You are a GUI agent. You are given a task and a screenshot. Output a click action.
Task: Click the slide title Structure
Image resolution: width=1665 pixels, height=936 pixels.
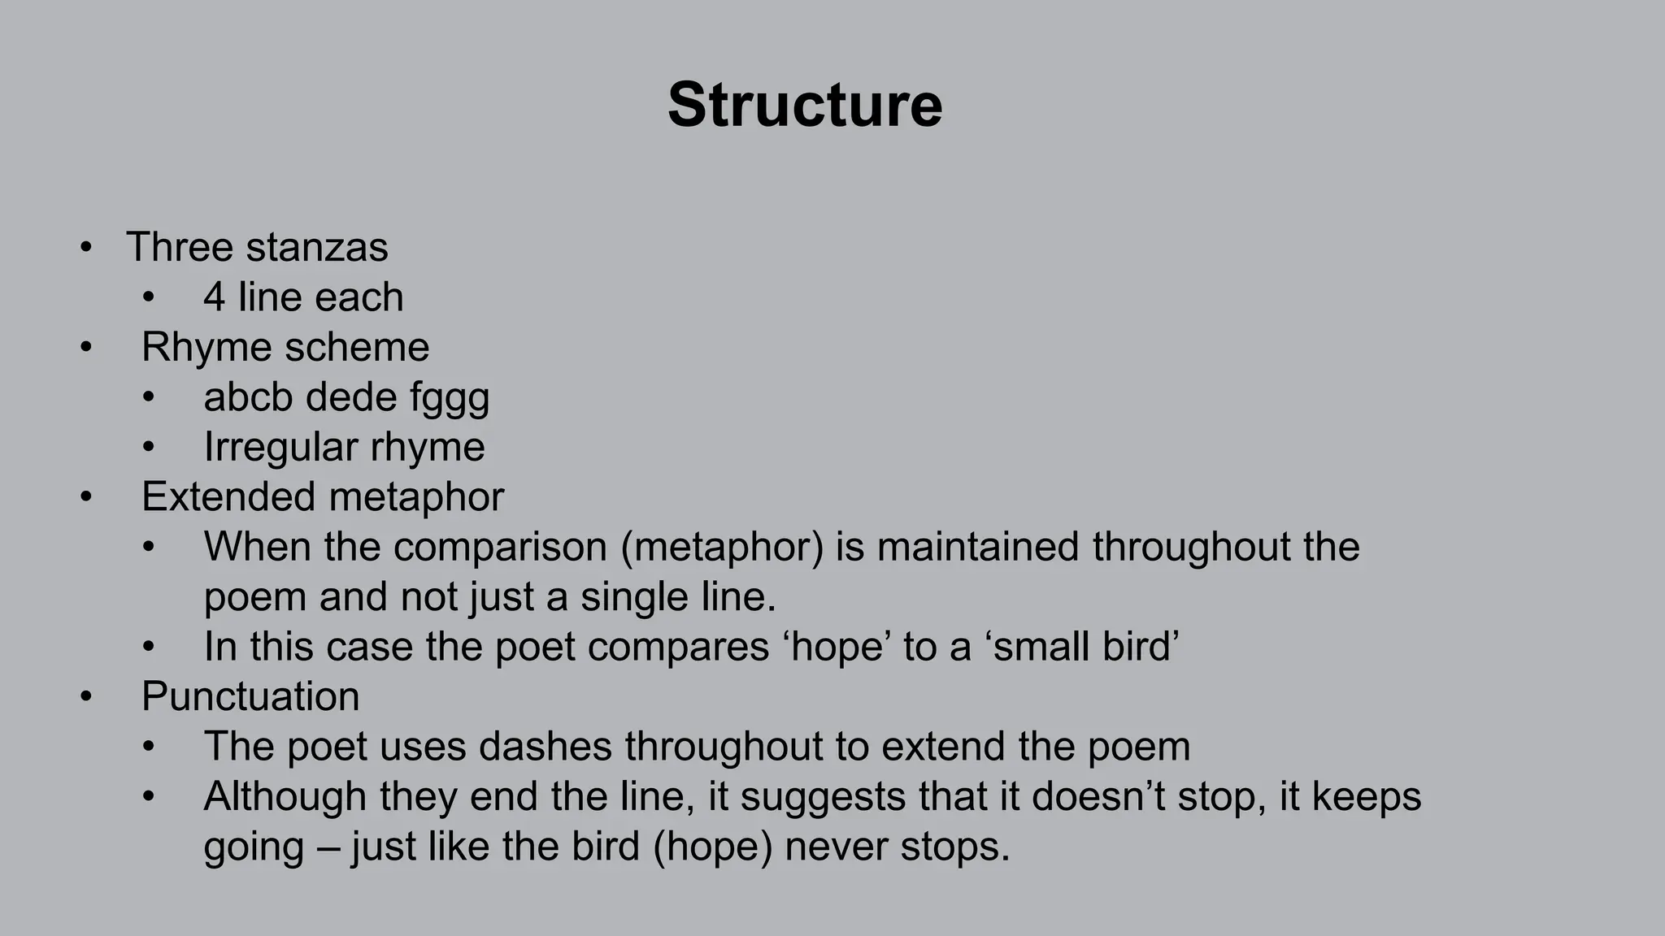(805, 105)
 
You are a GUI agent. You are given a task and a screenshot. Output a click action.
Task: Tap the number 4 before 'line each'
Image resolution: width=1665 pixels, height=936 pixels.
(214, 297)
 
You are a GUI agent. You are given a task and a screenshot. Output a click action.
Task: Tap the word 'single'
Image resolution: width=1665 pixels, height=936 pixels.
(629, 597)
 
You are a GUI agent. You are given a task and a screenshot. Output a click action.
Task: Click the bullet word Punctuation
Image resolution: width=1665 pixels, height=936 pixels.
(250, 697)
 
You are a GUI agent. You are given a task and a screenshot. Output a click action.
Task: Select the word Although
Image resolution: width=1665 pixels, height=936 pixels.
(285, 797)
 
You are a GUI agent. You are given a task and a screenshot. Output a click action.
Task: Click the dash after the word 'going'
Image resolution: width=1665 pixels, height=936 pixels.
(328, 847)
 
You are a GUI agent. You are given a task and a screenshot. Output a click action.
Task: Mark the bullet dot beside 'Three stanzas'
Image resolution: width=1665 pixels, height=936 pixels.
(86, 247)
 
